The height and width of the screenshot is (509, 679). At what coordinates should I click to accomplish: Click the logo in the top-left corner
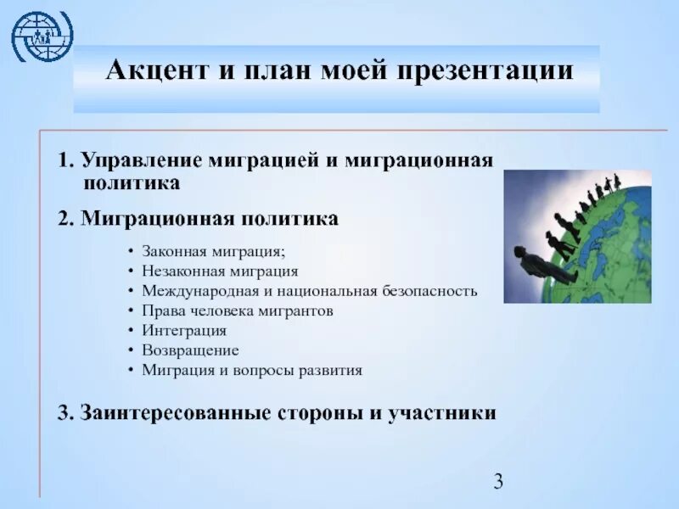pyautogui.click(x=42, y=35)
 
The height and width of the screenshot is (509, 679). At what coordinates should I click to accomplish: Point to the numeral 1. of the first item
pyautogui.click(x=65, y=161)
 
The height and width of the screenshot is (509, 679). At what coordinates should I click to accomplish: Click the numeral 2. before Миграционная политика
pyautogui.click(x=66, y=219)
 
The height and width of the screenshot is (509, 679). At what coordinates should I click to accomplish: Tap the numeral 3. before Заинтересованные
pyautogui.click(x=66, y=413)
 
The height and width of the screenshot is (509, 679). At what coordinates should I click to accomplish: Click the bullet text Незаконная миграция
pyautogui.click(x=220, y=271)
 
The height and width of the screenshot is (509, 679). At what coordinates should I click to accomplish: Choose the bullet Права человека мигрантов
pyautogui.click(x=237, y=310)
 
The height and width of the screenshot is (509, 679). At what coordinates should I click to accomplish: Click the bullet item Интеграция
pyautogui.click(x=184, y=331)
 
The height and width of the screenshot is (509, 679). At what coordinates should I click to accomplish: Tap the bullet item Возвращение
pyautogui.click(x=190, y=350)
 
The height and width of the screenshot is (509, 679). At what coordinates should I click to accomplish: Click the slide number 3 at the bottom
pyautogui.click(x=498, y=482)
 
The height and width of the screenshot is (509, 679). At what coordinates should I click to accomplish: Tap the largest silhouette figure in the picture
pyautogui.click(x=543, y=263)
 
